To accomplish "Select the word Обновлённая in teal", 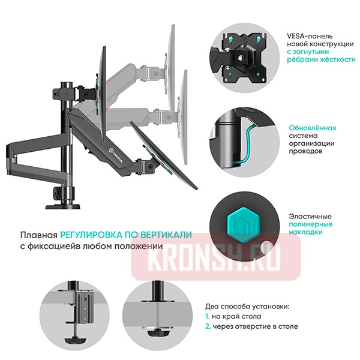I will click(x=312, y=128).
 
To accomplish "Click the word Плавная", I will click(x=38, y=235).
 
